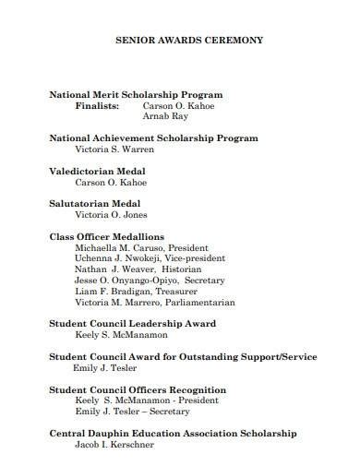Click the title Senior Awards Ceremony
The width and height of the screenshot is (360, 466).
188,41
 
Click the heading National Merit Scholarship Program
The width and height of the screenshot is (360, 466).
136,94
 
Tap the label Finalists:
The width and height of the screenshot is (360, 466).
97,106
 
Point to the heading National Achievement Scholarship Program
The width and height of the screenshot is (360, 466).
153,138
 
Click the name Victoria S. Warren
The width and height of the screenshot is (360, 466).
115,150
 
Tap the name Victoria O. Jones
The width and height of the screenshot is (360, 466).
111,215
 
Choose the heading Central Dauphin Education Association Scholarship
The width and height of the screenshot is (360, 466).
173,433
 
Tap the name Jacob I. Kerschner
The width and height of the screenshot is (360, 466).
115,445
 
